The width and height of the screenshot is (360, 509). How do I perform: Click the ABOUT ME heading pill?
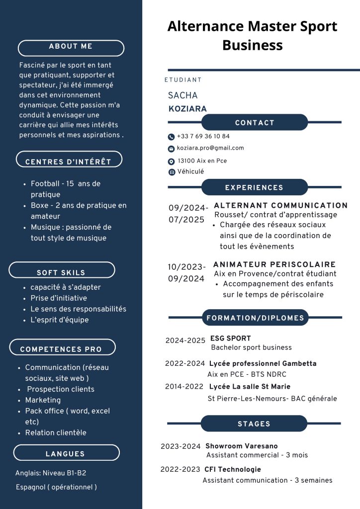tap(71, 47)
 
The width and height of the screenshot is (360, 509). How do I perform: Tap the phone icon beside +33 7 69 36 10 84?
tap(172, 137)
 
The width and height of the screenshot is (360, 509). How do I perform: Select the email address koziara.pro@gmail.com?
tap(210, 148)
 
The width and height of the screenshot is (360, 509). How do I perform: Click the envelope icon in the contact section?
tap(172, 149)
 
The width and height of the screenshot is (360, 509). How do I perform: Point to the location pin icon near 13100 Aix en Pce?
tap(172, 162)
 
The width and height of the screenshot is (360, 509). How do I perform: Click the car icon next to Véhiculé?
tap(172, 172)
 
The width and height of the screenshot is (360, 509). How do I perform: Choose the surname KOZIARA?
tap(187, 109)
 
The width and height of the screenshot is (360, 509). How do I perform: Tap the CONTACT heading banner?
tap(255, 123)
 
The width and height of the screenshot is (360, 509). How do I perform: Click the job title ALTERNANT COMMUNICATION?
tap(280, 205)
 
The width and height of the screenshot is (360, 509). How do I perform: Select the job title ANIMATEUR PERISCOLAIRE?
tap(274, 264)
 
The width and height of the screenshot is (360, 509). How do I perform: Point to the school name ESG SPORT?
tap(230, 339)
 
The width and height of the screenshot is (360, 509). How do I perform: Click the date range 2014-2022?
tap(184, 387)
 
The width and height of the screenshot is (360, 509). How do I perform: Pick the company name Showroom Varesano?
tap(242, 446)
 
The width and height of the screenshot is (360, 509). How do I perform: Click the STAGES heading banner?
tap(254, 424)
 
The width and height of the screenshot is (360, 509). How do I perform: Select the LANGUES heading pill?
tap(66, 454)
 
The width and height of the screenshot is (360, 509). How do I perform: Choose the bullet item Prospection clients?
tap(60, 389)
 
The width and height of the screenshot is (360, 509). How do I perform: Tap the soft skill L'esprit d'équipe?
tap(60, 320)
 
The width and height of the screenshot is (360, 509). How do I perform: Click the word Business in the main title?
tap(252, 46)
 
